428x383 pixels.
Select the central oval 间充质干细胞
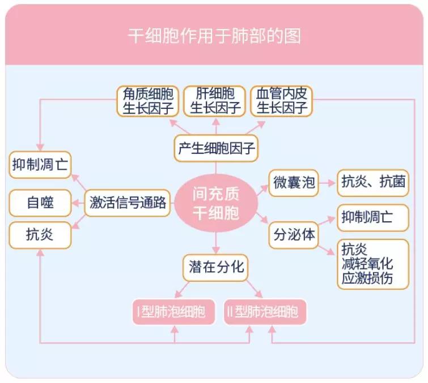click(x=215, y=204)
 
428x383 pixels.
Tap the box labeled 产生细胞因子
click(x=215, y=149)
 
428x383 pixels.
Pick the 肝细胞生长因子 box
click(x=215, y=101)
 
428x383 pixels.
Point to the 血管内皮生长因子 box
click(x=282, y=101)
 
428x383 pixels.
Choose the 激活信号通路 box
click(x=128, y=203)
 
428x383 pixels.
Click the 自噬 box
click(x=40, y=203)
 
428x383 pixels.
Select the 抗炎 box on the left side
click(x=40, y=234)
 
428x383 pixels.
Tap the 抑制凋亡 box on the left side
click(x=40, y=166)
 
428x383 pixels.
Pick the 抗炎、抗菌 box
click(x=372, y=183)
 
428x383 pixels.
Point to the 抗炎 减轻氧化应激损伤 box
click(x=372, y=264)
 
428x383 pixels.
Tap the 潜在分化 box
click(x=215, y=267)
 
